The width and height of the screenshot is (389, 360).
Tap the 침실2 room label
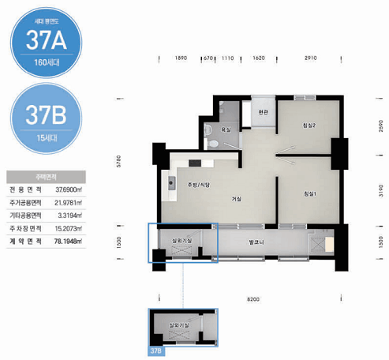(309, 126)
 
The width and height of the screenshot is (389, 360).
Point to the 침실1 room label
(309, 193)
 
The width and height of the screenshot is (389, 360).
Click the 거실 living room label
(236, 199)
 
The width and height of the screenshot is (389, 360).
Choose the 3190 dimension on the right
(380, 190)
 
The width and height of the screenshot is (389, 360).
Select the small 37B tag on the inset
(156, 349)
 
